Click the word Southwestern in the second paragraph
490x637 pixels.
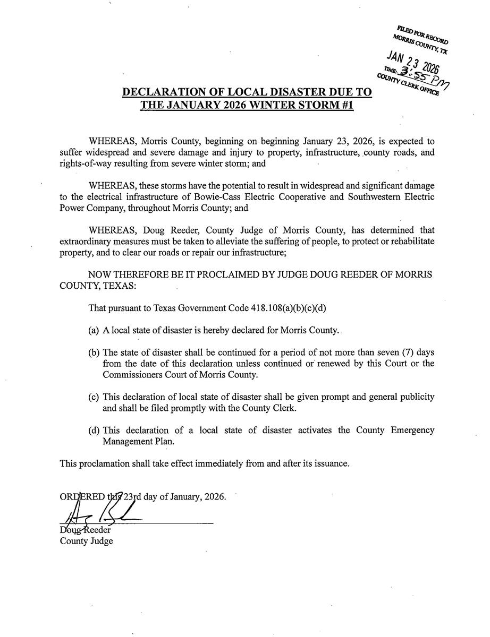tap(372, 197)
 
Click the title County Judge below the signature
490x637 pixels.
tap(86, 541)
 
